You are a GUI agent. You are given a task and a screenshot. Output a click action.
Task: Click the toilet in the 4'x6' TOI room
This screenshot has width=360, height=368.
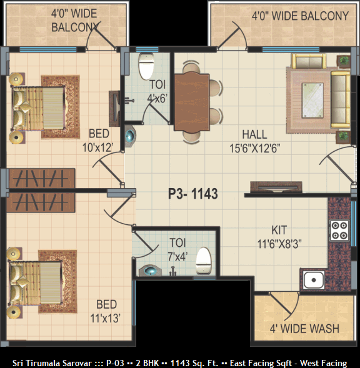(x=146, y=66)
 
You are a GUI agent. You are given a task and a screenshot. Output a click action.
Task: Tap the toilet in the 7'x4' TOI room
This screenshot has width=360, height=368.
(x=203, y=261)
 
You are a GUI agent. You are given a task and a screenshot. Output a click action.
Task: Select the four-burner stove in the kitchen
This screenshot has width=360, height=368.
(x=339, y=231)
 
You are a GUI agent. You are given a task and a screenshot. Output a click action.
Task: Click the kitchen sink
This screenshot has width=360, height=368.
(x=314, y=280)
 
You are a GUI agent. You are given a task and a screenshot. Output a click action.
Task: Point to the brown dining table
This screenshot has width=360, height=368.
(x=192, y=101)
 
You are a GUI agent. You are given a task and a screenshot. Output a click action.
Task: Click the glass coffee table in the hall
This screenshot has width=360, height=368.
(x=312, y=100)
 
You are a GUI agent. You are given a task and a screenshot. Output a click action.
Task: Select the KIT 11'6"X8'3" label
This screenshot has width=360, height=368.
(x=279, y=237)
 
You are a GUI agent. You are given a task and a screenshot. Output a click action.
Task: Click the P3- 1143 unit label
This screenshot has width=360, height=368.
(x=193, y=194)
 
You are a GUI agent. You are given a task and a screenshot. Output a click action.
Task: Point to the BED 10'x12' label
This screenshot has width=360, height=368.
(x=98, y=141)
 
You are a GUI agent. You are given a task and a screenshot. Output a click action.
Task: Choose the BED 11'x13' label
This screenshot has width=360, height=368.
(x=106, y=311)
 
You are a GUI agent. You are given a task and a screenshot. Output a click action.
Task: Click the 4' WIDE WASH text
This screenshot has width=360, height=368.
(x=304, y=329)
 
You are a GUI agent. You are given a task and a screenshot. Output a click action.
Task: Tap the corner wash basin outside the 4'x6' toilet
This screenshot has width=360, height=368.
(x=129, y=136)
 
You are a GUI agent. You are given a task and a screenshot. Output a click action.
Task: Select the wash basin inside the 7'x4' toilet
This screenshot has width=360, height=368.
(x=150, y=271)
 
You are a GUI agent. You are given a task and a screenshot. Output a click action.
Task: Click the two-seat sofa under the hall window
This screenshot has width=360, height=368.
(x=309, y=61)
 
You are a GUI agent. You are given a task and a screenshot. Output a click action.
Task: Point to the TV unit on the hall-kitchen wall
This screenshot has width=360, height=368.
(x=276, y=187)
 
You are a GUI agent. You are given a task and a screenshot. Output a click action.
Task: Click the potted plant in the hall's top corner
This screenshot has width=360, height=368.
(x=344, y=61)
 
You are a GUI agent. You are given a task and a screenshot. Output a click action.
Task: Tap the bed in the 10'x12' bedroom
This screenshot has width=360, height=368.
(x=38, y=108)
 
